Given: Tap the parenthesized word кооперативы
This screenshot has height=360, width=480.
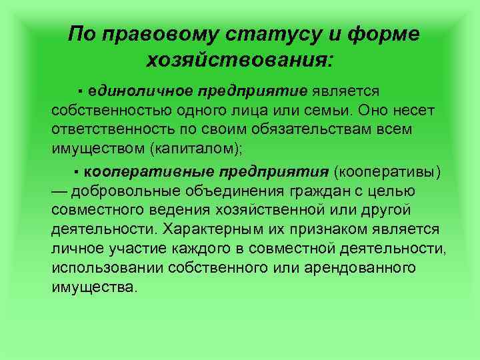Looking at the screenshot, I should point(389,173).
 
